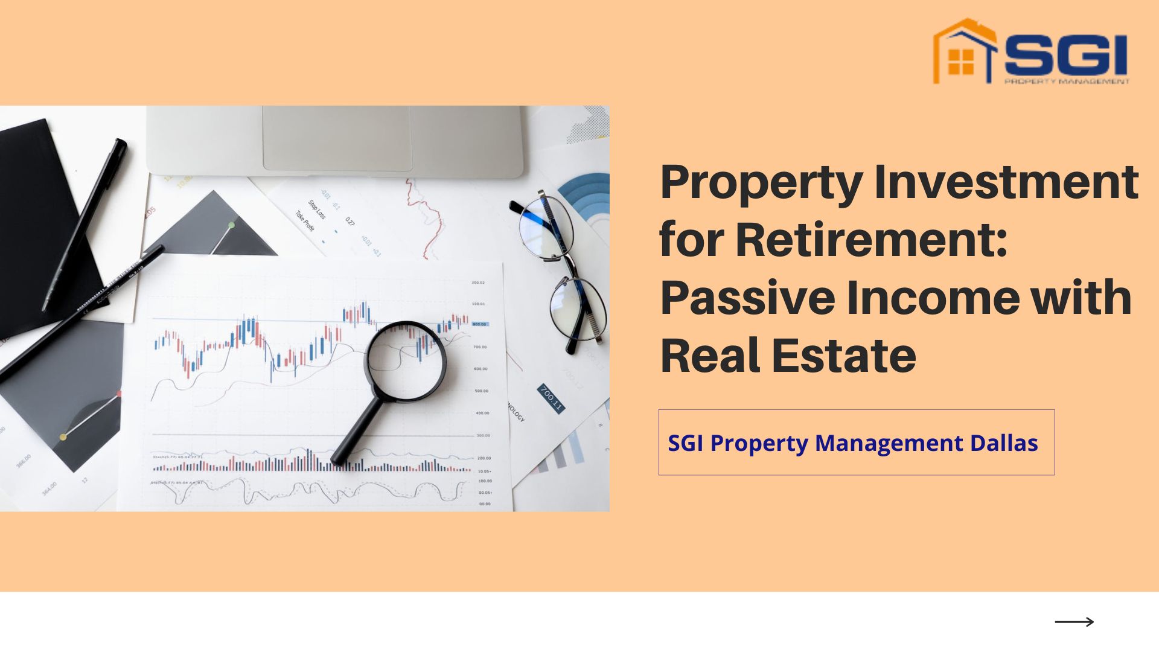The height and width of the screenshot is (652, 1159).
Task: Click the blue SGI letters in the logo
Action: (x=1066, y=54)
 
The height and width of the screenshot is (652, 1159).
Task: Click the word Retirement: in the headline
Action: (x=872, y=240)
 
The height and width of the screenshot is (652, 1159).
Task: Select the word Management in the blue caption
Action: (x=889, y=443)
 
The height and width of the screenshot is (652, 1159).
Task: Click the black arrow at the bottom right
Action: (x=1074, y=622)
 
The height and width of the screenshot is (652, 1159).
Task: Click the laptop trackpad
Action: (x=336, y=138)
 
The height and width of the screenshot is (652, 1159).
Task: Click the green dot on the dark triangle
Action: (x=231, y=225)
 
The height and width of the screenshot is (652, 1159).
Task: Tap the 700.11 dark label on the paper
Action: (x=550, y=398)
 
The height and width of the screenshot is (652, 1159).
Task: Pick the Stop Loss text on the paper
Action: (x=317, y=209)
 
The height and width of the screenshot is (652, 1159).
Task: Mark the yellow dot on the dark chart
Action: (x=63, y=436)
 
